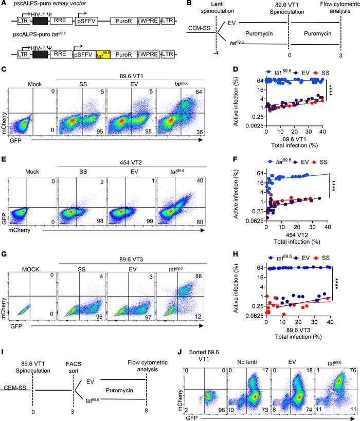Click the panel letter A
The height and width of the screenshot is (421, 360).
tap(4, 4)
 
